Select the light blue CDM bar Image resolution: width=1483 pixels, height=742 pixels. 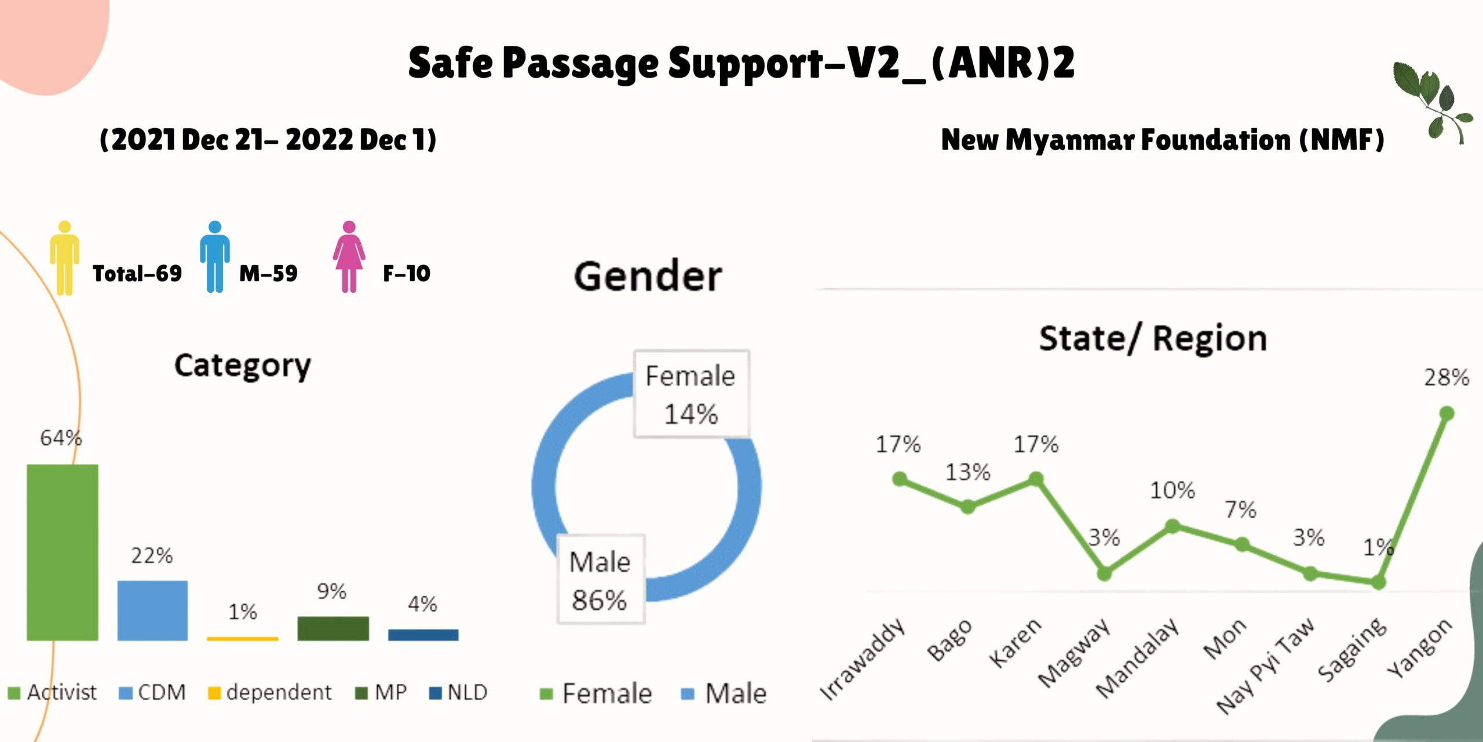[152, 610]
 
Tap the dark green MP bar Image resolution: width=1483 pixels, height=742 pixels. [333, 628]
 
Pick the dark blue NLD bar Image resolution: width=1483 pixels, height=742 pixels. [423, 635]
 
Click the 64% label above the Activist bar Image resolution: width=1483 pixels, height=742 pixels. [61, 438]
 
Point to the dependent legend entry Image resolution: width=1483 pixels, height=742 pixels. [270, 692]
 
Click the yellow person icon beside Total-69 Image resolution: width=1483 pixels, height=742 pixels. [64, 258]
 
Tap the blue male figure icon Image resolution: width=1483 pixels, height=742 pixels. [215, 257]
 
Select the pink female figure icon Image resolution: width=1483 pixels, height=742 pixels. [349, 257]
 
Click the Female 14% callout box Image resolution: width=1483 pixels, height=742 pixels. [691, 394]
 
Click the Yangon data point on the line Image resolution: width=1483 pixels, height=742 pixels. [1447, 413]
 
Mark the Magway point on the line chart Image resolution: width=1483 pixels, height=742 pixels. [1104, 574]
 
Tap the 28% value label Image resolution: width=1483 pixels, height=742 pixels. [1447, 378]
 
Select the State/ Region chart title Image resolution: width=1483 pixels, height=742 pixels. [1153, 339]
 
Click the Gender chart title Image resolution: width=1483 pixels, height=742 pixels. [648, 276]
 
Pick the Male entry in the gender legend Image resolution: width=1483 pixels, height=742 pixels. [724, 693]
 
